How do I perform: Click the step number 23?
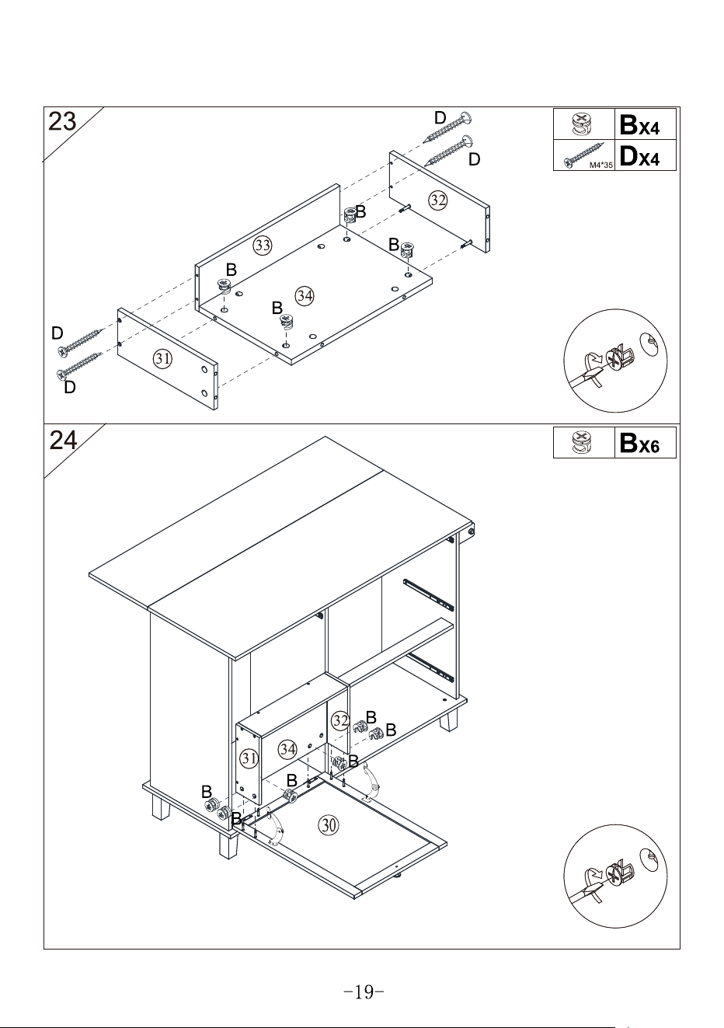[x=62, y=122]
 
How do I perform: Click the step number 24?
[x=64, y=440]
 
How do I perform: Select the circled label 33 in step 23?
[x=263, y=245]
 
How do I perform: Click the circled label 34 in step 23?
[x=305, y=295]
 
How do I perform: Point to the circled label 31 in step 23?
[x=162, y=358]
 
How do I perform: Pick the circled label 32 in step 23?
[x=438, y=200]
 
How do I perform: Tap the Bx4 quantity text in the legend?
[x=639, y=124]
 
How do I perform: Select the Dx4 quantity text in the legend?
[x=639, y=155]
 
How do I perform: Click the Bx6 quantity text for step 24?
[x=639, y=443]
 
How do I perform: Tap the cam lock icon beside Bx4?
[x=583, y=124]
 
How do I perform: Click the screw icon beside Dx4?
[x=584, y=155]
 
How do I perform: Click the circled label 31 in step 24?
[x=249, y=758]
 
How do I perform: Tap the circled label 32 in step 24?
[x=340, y=720]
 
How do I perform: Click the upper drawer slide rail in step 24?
[x=429, y=594]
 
